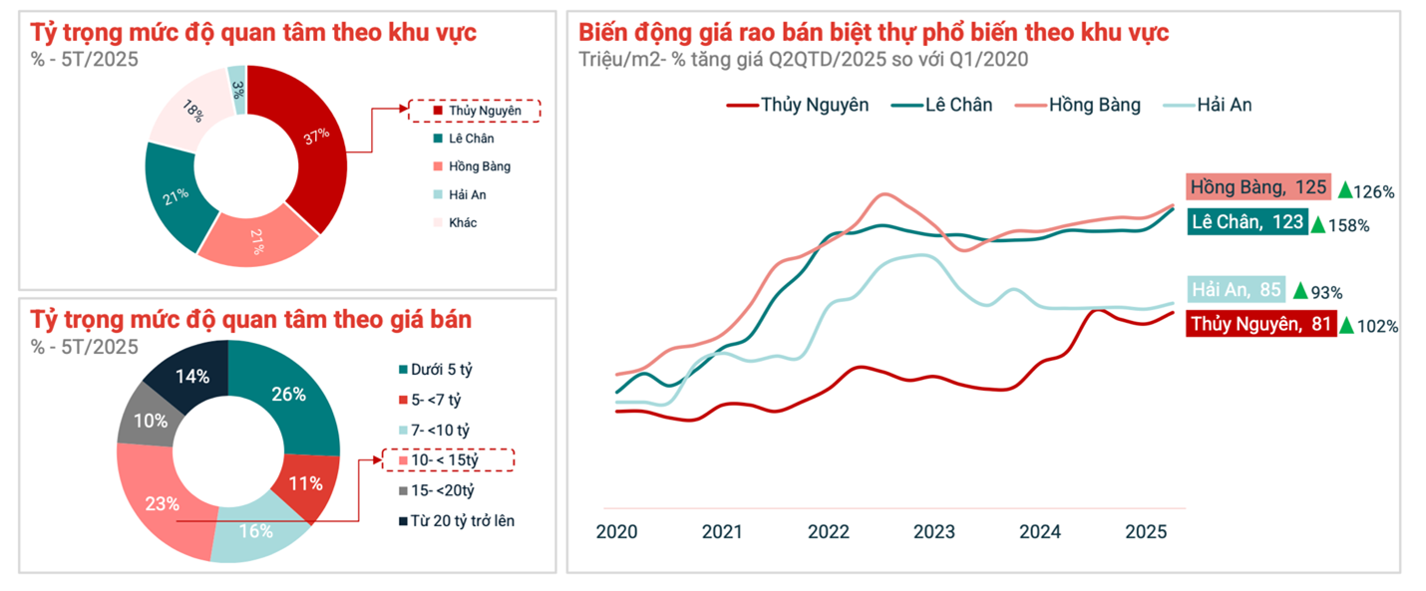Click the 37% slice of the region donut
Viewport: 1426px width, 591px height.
(314, 140)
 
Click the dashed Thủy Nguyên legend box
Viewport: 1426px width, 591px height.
(474, 111)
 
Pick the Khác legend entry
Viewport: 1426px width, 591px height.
(455, 222)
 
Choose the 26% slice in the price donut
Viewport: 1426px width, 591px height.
(289, 395)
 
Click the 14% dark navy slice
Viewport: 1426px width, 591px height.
(191, 377)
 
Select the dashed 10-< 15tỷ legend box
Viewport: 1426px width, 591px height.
(449, 459)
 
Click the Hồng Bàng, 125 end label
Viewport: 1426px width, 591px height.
(1257, 187)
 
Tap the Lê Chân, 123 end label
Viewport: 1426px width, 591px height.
(1248, 222)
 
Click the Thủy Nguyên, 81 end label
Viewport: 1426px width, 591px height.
(1260, 323)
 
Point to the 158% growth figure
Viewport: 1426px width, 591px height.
(1349, 226)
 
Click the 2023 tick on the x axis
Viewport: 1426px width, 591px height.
(933, 531)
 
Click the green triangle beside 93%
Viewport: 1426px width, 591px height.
(1299, 291)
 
